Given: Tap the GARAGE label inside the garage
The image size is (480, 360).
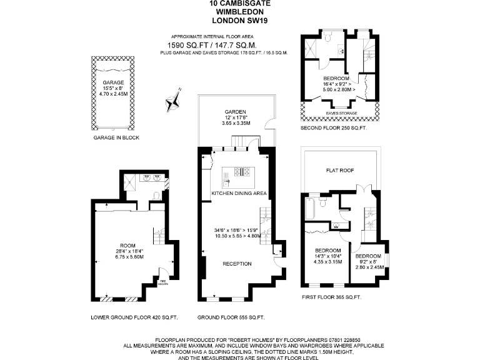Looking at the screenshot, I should [113, 82].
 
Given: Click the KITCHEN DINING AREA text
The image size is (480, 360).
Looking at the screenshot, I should [239, 194].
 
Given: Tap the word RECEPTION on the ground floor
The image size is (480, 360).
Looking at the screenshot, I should [237, 264].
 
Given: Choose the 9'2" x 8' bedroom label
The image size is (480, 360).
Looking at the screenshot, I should [368, 256].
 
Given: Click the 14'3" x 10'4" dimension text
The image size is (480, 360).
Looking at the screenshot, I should [327, 256].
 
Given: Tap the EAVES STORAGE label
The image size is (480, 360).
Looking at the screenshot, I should [340, 113].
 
